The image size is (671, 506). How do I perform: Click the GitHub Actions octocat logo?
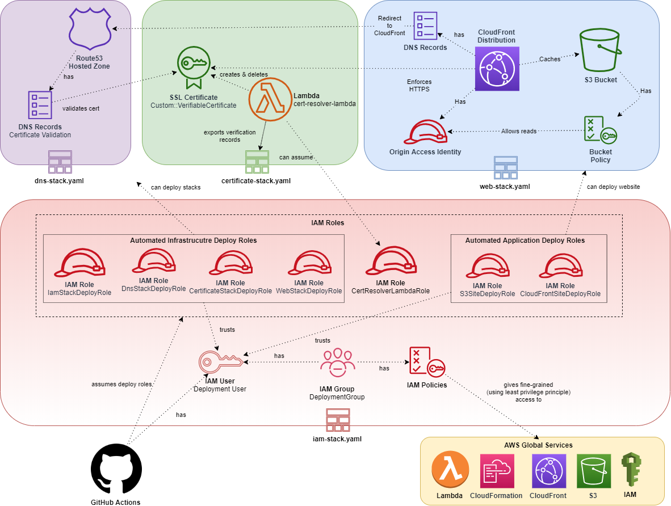(116, 469)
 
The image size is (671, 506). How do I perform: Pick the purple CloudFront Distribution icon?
(497, 69)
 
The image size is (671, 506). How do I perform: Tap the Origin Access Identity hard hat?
(425, 133)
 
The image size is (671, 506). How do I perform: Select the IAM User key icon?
(220, 361)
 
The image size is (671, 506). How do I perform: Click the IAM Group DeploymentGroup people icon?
(337, 363)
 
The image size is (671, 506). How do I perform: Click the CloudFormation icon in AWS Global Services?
(496, 471)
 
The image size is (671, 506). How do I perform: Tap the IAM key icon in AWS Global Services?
(629, 470)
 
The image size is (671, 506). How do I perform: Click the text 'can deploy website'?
(613, 187)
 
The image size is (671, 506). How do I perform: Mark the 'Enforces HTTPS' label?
(418, 85)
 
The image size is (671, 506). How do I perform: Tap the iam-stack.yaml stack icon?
(337, 420)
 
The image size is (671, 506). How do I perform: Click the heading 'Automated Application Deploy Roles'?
(525, 241)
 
